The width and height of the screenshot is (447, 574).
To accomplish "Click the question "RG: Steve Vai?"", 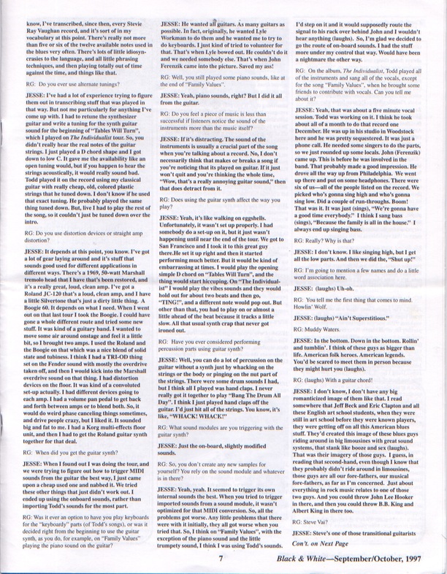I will tap(325, 522).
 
